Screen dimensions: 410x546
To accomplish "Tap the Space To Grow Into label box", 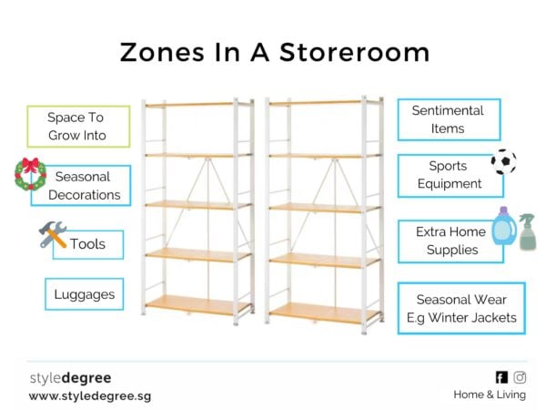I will point(77,127).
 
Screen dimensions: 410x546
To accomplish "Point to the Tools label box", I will point(87,244).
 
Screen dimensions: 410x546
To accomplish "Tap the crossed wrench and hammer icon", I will point(52,236).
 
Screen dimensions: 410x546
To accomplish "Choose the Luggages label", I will point(83,294).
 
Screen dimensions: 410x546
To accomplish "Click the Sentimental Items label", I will point(449,119).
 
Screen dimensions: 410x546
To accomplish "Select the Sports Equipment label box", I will point(449,175).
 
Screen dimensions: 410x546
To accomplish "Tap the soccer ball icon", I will point(503,162).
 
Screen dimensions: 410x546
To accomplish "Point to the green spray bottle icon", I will point(527,232).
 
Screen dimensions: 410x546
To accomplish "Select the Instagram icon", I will point(520,377).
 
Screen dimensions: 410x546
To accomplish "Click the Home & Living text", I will point(490,395).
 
